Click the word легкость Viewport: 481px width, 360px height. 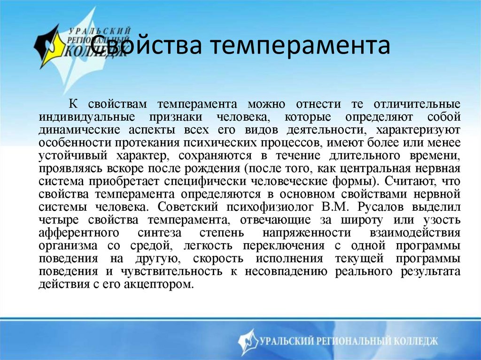(217, 246)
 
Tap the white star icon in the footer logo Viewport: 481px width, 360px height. (248, 341)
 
